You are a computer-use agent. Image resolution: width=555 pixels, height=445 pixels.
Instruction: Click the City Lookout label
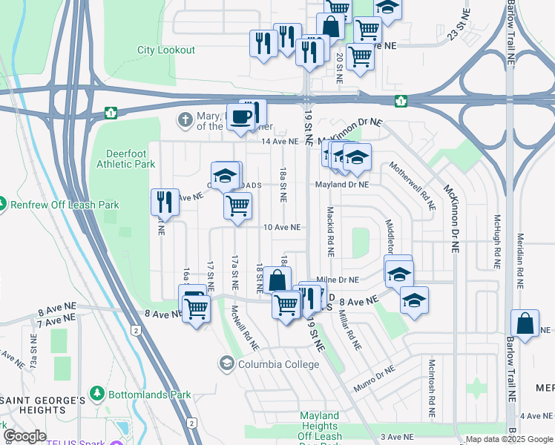pyautogui.click(x=166, y=50)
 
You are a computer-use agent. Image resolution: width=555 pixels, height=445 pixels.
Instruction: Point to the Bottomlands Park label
pyautogui.click(x=149, y=395)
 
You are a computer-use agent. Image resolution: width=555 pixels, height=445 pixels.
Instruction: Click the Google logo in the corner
pyautogui.click(x=24, y=436)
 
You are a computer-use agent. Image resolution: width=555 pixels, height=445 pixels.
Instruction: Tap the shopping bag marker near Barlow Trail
pyautogui.click(x=525, y=324)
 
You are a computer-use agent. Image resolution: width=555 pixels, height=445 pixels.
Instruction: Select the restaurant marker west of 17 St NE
pyautogui.click(x=164, y=202)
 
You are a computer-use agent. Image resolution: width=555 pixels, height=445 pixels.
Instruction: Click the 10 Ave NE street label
pyautogui.click(x=282, y=227)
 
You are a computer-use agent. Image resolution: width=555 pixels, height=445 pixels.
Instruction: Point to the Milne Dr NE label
pyautogui.click(x=338, y=280)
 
